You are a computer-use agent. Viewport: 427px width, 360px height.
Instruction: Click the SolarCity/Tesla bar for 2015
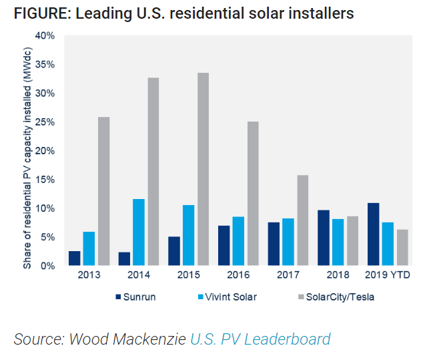[203, 169]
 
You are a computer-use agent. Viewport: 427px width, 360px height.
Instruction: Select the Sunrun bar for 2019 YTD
[374, 234]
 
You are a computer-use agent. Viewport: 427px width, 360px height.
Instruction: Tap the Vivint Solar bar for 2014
[139, 232]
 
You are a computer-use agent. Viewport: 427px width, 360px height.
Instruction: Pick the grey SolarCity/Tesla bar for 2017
[303, 220]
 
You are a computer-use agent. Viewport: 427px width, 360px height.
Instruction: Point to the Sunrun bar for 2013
[74, 258]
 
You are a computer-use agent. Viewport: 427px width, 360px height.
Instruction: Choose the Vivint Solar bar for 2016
[238, 241]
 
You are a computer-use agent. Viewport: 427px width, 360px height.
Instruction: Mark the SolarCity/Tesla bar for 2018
[352, 241]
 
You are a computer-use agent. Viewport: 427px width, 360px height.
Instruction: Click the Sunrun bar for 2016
[224, 246]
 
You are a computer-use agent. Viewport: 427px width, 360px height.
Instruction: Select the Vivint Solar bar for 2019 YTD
[388, 244]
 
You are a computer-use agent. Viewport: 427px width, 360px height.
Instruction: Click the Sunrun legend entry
[135, 297]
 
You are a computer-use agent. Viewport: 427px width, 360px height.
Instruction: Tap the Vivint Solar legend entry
[227, 297]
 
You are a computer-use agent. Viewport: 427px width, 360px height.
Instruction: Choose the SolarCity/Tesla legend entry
[336, 297]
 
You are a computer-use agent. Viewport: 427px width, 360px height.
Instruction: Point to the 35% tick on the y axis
[45, 65]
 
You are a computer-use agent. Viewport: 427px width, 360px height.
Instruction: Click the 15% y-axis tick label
[45, 180]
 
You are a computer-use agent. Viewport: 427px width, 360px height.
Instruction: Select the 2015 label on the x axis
[188, 275]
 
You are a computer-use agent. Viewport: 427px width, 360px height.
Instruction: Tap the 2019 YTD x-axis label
[387, 275]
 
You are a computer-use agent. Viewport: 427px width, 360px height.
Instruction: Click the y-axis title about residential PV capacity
[27, 158]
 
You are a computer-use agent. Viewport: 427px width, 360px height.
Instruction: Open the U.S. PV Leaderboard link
[260, 339]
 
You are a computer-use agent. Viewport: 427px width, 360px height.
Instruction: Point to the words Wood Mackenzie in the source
[127, 339]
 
